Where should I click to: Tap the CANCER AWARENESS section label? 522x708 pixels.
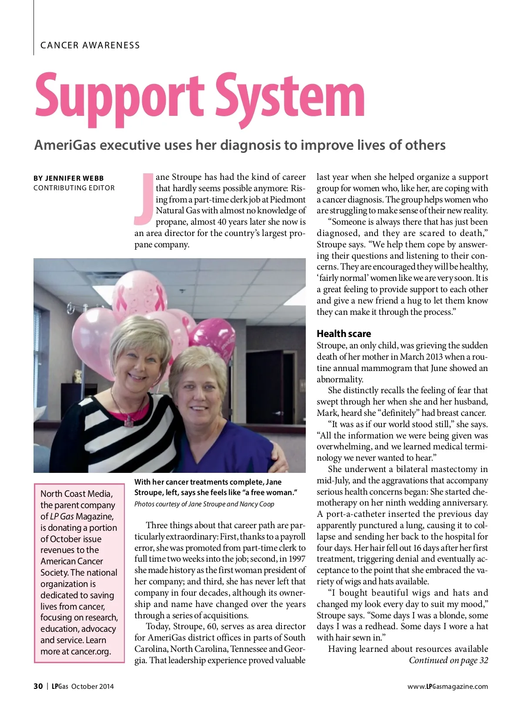pos(90,45)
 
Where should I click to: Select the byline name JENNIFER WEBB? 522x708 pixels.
pos(74,178)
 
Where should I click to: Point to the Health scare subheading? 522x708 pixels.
pos(344,334)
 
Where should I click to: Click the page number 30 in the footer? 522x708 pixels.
pos(38,686)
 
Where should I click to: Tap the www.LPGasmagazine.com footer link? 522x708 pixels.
pos(448,687)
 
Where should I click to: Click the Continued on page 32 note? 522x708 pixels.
pos(448,661)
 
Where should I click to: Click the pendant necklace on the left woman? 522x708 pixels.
pos(129,421)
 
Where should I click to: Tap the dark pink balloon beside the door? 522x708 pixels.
pos(213,340)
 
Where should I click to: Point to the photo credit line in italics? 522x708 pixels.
pos(204,504)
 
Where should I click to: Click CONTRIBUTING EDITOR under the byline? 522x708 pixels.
pos(74,188)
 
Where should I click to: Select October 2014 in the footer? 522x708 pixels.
pos(92,687)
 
